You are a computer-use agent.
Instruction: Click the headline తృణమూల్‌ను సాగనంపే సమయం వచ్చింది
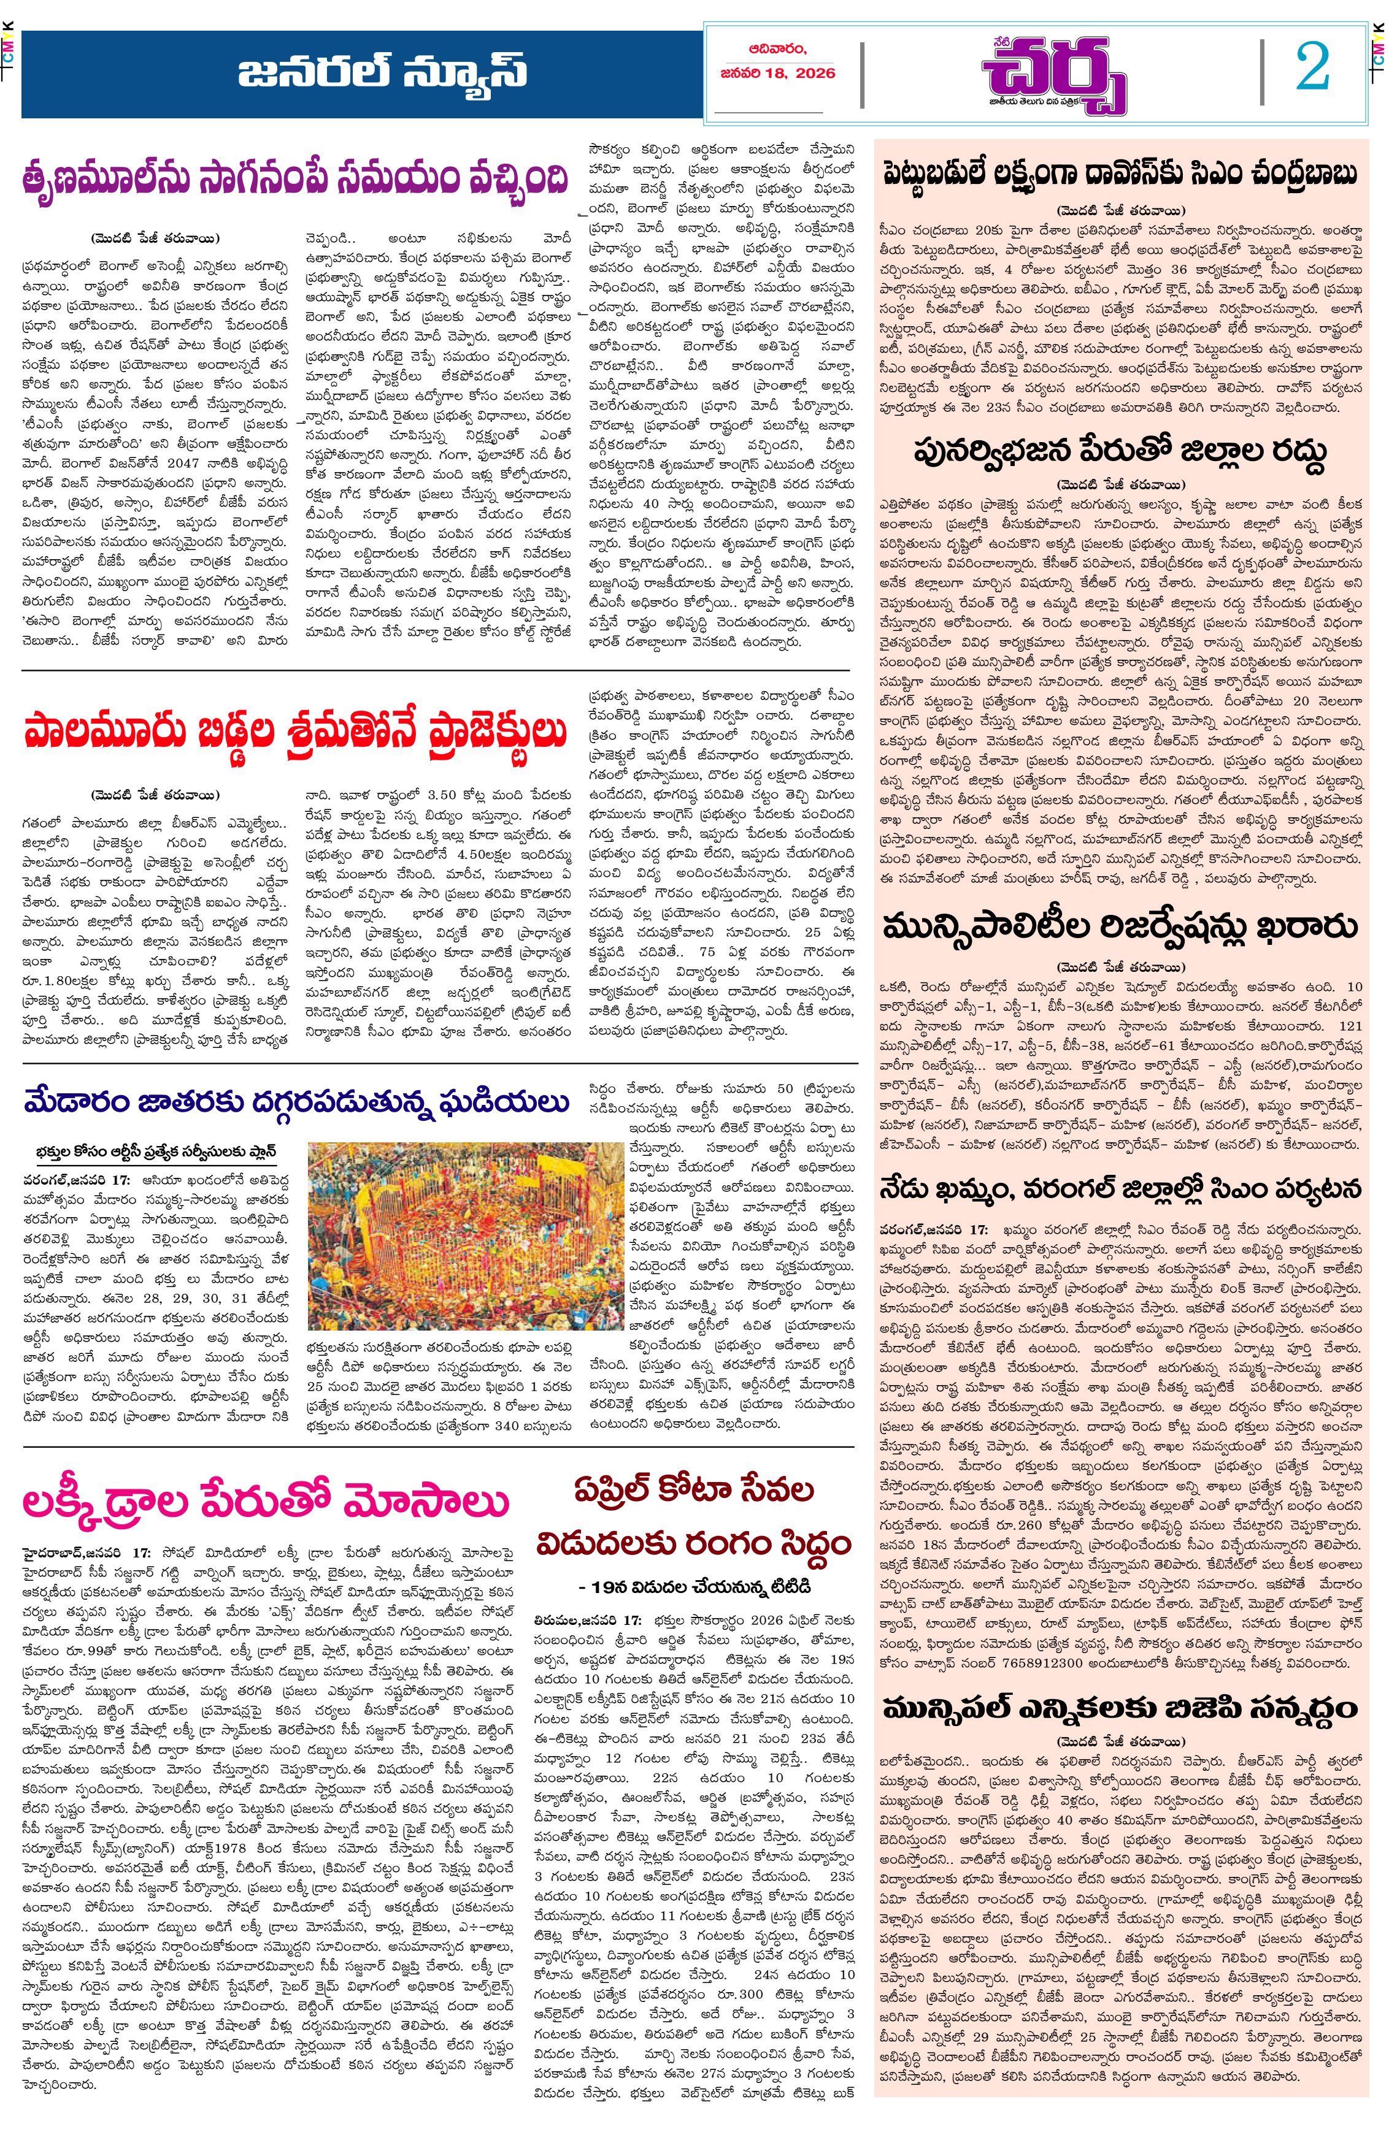(x=297, y=180)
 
